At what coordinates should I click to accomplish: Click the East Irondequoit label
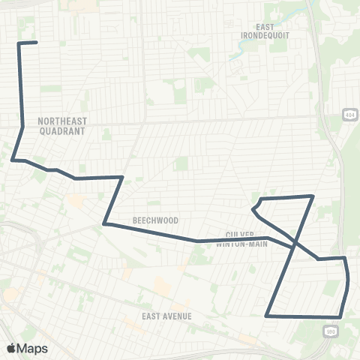click(265, 31)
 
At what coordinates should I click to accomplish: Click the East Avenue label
click(166, 316)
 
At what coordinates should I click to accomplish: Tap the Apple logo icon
click(11, 348)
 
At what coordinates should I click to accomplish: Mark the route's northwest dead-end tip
click(37, 43)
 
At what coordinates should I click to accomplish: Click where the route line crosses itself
click(294, 246)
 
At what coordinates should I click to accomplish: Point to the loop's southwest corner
click(267, 316)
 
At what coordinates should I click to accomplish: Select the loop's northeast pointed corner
click(312, 196)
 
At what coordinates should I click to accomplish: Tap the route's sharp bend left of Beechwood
click(105, 223)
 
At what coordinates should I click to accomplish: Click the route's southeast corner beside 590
click(341, 316)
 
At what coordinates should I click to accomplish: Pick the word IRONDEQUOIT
click(265, 35)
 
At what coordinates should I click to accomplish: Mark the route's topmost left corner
click(19, 43)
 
